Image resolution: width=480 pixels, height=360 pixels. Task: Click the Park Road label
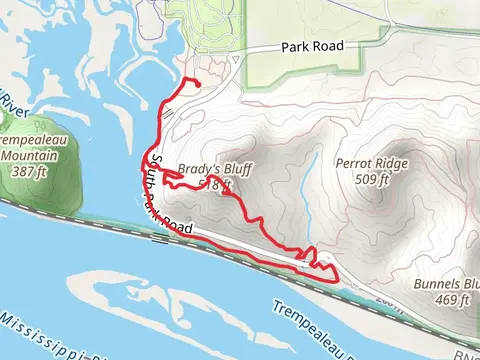[312, 46]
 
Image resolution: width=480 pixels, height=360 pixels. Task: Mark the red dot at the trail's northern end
[196, 82]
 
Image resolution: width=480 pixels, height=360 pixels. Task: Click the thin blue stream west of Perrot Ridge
[304, 180]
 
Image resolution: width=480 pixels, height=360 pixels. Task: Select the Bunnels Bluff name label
[445, 284]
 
